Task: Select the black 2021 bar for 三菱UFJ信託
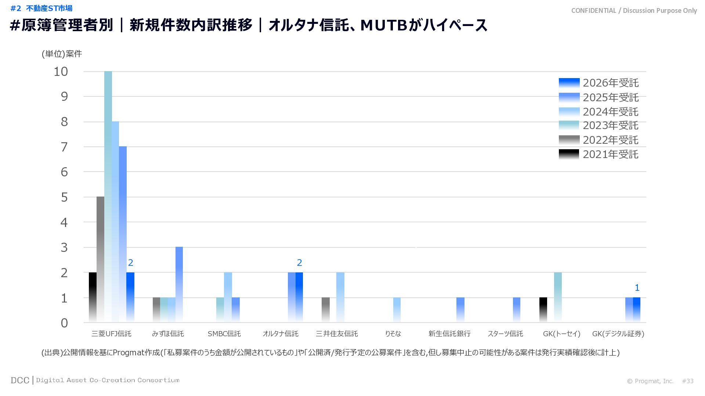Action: pos(93,297)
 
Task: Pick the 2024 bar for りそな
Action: pos(397,310)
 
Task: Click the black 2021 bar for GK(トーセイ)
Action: pos(543,310)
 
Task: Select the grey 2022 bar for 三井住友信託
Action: pos(325,310)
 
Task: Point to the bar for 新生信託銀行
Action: pos(460,310)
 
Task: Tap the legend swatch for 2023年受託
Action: pos(569,125)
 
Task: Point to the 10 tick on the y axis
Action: pos(61,72)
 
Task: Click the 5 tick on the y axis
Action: pos(64,197)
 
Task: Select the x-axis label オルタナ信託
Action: pos(280,334)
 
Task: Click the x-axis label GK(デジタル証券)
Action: pos(618,334)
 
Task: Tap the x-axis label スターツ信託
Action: pos(505,334)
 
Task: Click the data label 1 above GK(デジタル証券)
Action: pos(637,288)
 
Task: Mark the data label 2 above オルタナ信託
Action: pos(299,263)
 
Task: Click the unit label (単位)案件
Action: pos(62,54)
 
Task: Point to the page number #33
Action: pos(687,381)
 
